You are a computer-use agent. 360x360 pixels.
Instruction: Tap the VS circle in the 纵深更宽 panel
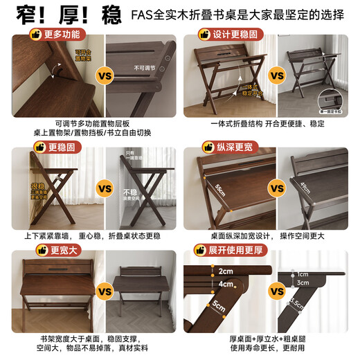[277, 188]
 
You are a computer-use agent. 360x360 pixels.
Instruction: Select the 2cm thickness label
[225, 270]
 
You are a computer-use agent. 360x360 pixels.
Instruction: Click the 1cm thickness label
[303, 273]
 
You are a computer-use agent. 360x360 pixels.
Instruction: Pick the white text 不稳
[130, 193]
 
